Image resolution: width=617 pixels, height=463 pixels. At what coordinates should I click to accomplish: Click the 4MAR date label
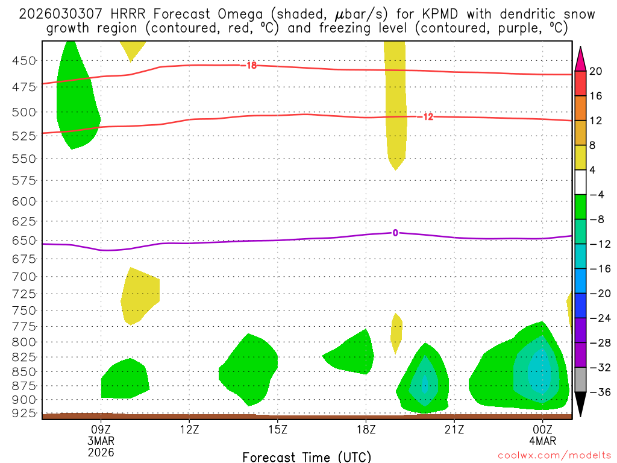[542, 440]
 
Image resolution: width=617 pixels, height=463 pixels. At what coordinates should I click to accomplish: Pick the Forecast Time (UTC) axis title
[307, 457]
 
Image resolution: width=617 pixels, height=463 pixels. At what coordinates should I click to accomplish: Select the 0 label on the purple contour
[395, 233]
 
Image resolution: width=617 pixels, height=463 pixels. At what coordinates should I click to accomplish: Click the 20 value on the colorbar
[596, 71]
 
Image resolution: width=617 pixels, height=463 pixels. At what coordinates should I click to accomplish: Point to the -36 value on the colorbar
[596, 392]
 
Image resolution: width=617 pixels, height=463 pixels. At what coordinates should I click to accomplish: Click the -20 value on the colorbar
[596, 294]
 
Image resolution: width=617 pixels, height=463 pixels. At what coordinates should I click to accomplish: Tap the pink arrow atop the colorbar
[581, 58]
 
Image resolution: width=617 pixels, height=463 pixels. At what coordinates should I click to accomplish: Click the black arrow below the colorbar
[581, 405]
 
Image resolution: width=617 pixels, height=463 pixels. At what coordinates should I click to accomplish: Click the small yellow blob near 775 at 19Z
[396, 332]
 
